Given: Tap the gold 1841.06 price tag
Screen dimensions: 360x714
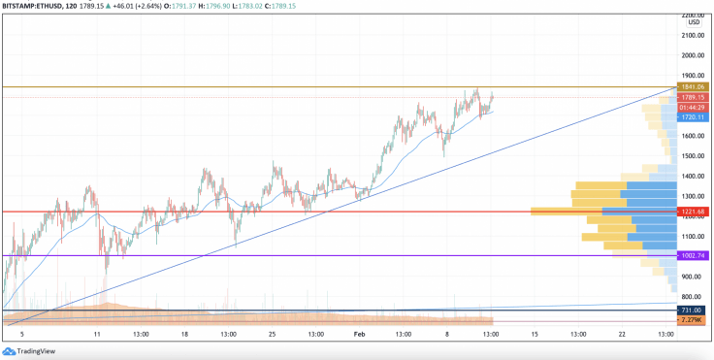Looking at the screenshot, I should click(693, 87).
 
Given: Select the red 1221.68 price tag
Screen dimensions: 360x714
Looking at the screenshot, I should click(693, 212).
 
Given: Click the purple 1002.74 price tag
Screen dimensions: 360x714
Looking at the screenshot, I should click(693, 255).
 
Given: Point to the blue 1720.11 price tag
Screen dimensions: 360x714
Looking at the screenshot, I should click(693, 116).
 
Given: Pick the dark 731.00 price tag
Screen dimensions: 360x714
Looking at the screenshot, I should click(693, 310).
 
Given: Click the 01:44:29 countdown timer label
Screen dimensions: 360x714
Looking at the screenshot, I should click(693, 107).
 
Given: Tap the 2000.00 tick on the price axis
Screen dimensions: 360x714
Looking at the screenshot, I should click(693, 55).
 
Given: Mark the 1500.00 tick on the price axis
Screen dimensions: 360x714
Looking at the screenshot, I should click(693, 155).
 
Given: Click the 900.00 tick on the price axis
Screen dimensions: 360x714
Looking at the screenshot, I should click(693, 277).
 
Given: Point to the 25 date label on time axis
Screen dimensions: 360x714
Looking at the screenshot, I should click(273, 333).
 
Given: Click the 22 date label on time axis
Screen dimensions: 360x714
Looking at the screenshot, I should click(622, 333).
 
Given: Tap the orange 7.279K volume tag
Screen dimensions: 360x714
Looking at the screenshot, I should click(693, 320).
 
